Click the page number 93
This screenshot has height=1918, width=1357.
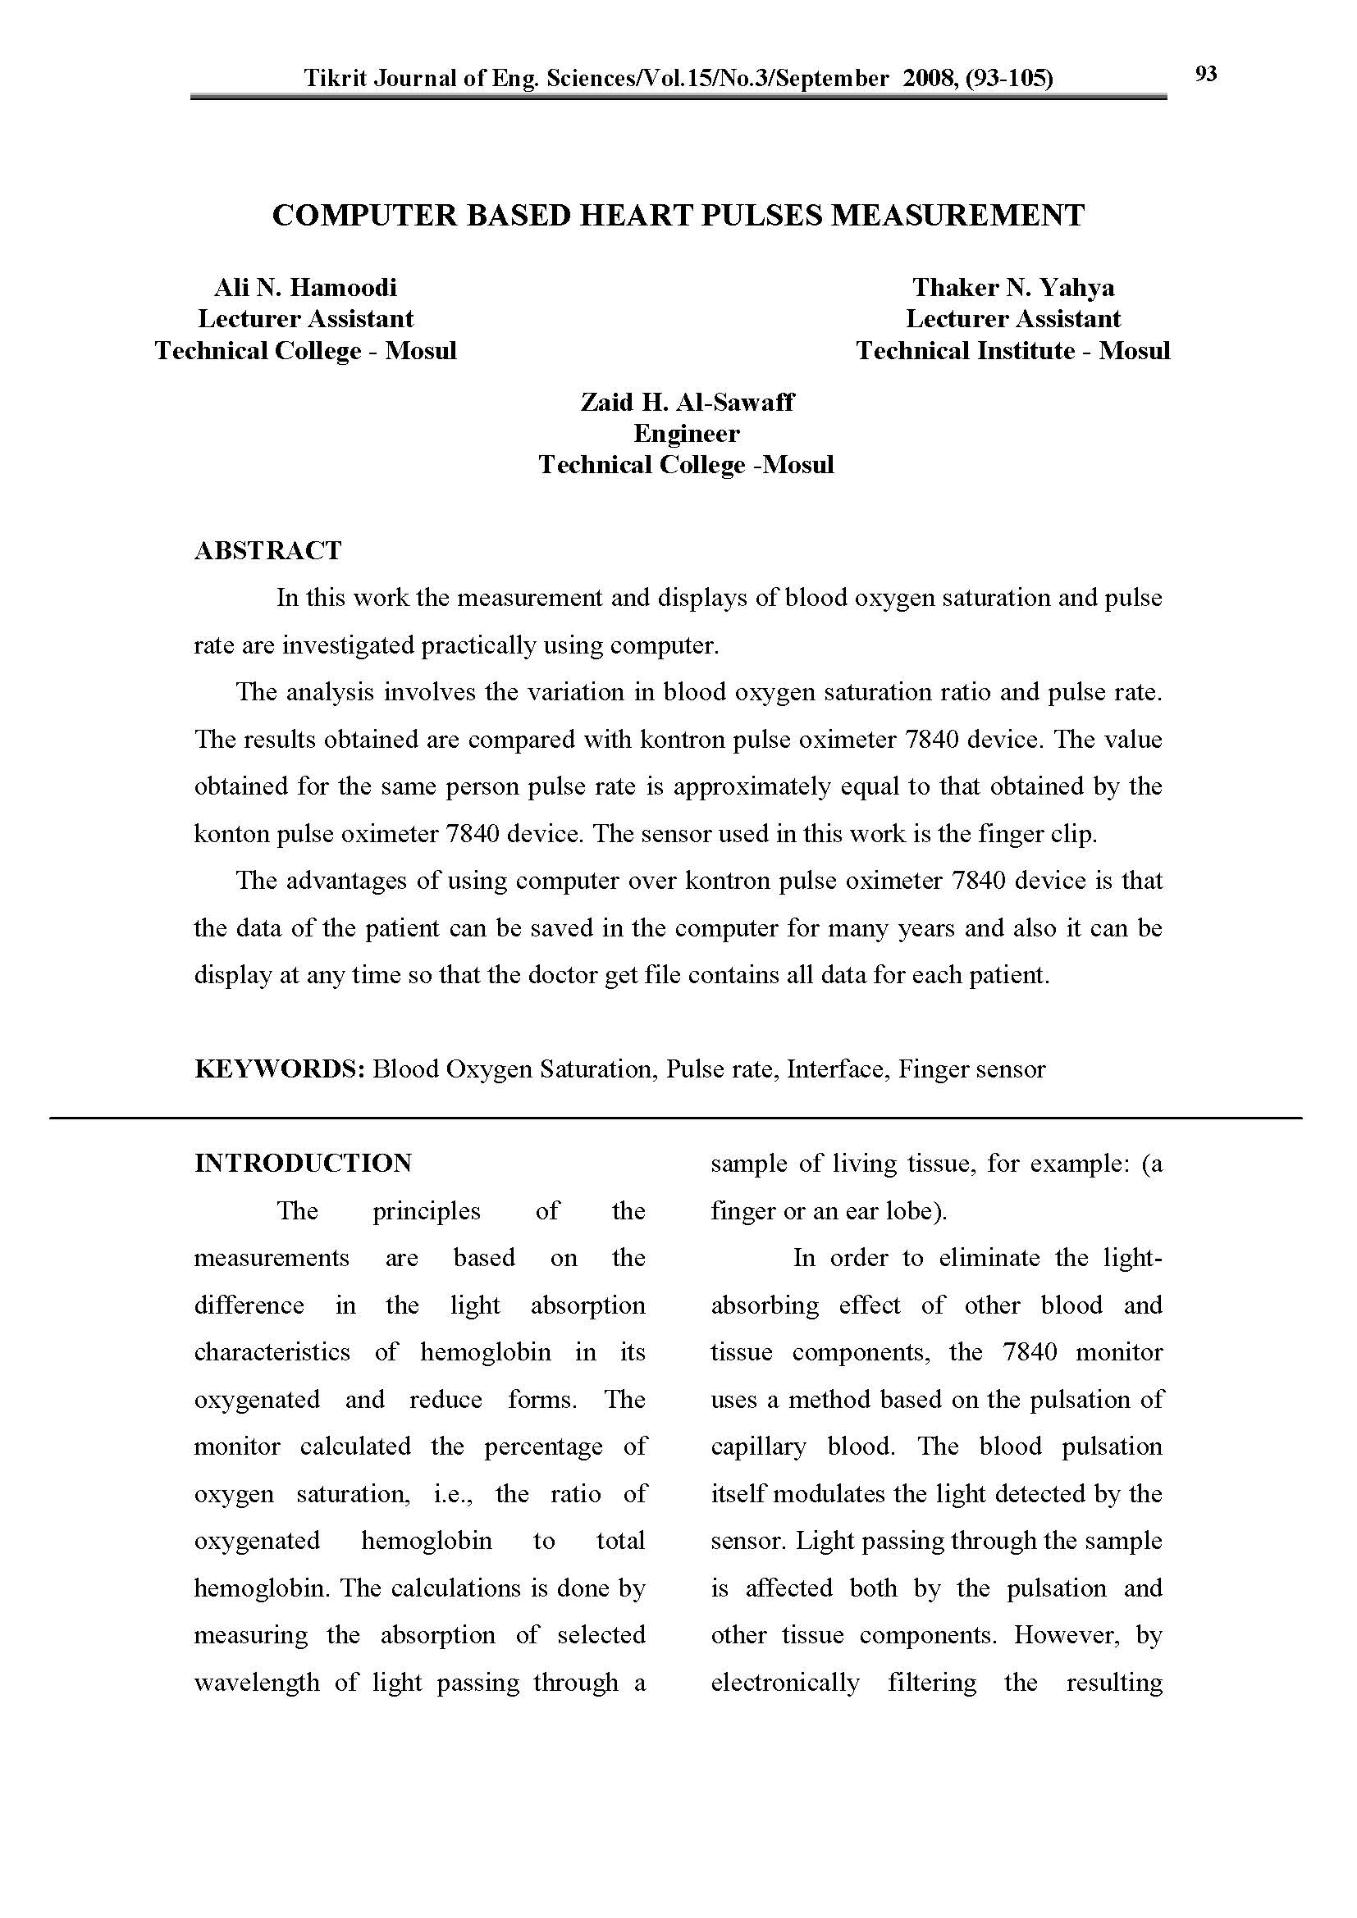[x=1206, y=75]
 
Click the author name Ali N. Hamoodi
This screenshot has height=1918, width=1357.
[x=305, y=287]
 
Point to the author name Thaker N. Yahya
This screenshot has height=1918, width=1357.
[x=1012, y=287]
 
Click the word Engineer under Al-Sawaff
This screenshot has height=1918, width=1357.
[x=686, y=434]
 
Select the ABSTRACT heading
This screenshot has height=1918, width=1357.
[x=268, y=550]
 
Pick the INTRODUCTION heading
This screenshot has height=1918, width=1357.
[x=304, y=1163]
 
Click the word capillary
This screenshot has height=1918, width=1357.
[x=758, y=1446]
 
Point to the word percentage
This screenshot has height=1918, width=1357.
[x=543, y=1446]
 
